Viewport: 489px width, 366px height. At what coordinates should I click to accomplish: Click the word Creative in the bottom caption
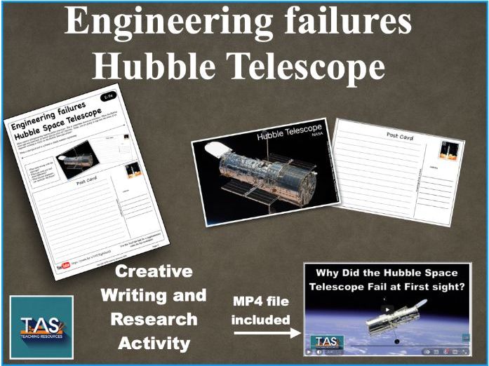tap(154, 272)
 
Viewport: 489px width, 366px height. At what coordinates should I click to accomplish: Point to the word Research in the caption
tap(153, 319)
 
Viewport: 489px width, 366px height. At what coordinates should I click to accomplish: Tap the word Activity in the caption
tap(153, 343)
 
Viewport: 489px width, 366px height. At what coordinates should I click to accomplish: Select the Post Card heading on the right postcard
tap(399, 135)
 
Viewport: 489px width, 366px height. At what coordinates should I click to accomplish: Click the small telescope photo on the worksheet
tap(76, 158)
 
